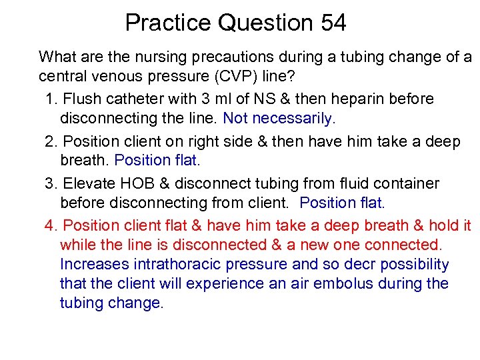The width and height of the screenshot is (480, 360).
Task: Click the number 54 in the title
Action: [331, 23]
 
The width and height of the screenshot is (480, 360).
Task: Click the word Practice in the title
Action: [168, 23]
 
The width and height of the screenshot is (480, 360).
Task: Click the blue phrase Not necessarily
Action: [280, 119]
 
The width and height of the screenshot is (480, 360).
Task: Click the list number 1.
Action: [51, 99]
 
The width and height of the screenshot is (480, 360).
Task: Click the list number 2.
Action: [50, 141]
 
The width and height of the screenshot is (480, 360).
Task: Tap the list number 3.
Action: [51, 183]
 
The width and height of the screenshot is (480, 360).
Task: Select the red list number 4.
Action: [51, 225]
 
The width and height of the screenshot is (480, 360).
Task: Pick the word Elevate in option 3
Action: [85, 183]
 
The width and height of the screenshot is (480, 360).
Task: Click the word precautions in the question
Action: [227, 57]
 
